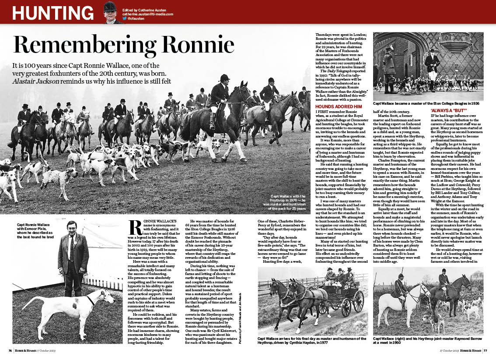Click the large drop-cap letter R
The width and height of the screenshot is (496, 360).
pos(136,229)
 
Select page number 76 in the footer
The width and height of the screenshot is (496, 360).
pos(10,350)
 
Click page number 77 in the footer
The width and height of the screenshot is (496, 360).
pos(486,350)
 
